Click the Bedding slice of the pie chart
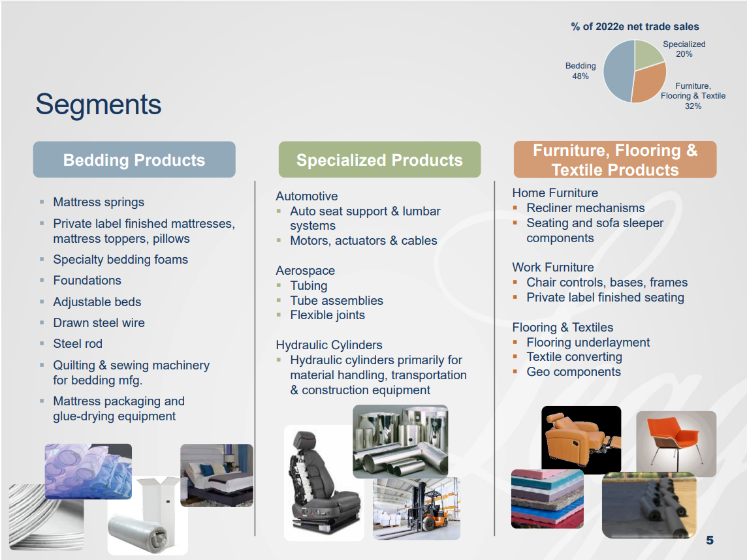coord(617,71)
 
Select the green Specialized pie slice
coord(647,54)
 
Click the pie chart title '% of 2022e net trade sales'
coord(635,27)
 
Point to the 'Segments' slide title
coord(99,104)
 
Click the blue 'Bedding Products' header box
coord(135,159)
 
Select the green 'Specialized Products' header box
coord(379,159)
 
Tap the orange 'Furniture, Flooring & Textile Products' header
coord(615,159)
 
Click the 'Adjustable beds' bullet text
coord(97,302)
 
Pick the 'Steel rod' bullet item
coord(78,343)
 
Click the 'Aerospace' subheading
coord(306,270)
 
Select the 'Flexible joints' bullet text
coord(327,315)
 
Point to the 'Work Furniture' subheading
coord(553,267)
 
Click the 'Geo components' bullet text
coord(573,372)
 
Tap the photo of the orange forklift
coord(417,508)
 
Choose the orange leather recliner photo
coord(581,439)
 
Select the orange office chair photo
coord(676,444)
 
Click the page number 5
coord(710,540)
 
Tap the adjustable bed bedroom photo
coord(217,475)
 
